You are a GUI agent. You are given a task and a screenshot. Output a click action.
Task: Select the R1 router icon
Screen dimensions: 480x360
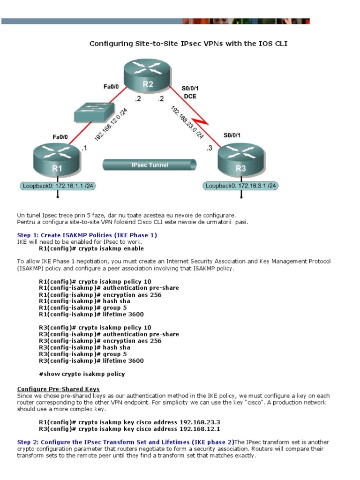click(58, 160)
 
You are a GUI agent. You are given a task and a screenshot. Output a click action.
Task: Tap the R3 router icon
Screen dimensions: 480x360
click(241, 160)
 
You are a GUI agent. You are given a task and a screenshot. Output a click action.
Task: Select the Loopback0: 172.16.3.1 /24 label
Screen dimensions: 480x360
click(241, 186)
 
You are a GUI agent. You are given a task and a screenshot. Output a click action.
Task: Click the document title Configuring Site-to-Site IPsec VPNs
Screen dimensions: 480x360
click(188, 44)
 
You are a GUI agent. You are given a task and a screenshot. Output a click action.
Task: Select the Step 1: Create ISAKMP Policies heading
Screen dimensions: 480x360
click(87, 235)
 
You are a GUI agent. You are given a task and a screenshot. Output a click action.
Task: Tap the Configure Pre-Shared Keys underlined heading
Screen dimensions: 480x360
click(58, 389)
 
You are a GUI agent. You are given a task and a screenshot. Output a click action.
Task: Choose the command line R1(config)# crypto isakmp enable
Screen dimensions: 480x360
click(91, 248)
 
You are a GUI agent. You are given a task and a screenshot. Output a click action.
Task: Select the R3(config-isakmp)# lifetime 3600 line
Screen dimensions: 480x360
click(91, 361)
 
